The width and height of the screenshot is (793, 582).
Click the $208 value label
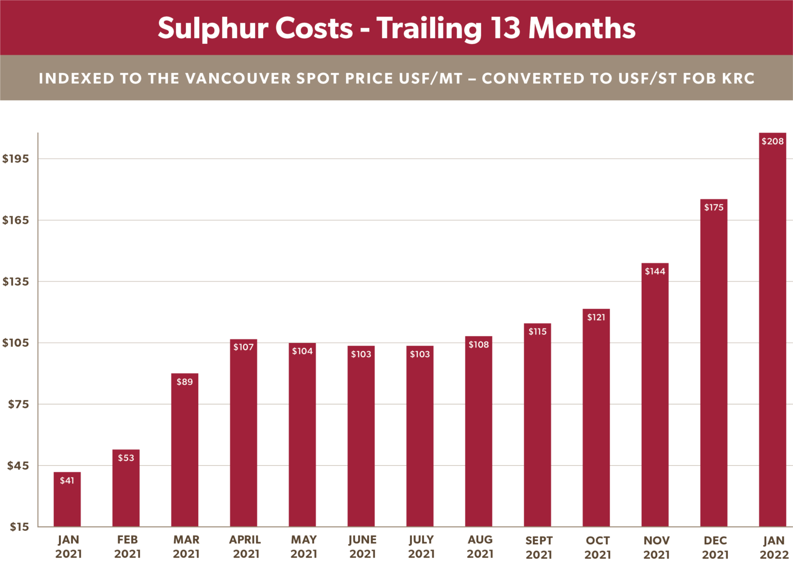pos(772,141)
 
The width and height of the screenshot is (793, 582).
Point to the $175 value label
pos(713,208)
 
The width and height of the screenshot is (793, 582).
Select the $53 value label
pos(126,458)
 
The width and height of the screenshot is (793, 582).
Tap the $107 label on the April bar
pos(243,347)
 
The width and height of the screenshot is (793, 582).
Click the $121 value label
pos(596,317)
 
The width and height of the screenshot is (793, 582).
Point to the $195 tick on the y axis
pos(15,159)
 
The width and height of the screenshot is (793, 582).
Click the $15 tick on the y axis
pos(19,527)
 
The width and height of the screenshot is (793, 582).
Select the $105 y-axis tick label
pos(15,343)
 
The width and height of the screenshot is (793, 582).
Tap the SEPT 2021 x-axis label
pos(538,547)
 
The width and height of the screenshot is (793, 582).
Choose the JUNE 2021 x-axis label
pos(362,547)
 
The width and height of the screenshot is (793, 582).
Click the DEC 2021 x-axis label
pos(715,547)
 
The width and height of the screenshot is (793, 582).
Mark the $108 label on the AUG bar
pos(479,344)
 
